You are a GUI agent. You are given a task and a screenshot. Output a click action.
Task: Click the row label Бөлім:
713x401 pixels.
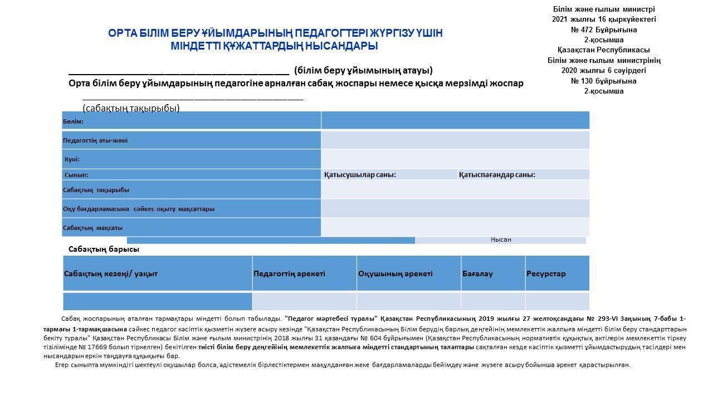pyautogui.click(x=73, y=121)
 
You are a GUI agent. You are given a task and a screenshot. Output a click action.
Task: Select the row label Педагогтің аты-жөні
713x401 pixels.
pyautogui.click(x=95, y=140)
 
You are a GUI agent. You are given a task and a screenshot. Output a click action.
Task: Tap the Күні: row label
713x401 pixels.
pyautogui.click(x=72, y=159)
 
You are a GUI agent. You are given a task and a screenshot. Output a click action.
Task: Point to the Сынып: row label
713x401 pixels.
pyautogui.click(x=76, y=175)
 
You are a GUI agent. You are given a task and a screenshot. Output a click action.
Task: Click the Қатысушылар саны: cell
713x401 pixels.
pyautogui.click(x=360, y=175)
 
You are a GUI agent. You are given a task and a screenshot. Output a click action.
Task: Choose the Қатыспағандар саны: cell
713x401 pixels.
pyautogui.click(x=497, y=175)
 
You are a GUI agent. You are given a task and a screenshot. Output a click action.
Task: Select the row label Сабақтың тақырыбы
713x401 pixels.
pyautogui.click(x=96, y=190)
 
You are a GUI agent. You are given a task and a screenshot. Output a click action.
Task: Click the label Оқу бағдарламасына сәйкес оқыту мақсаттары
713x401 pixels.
pyautogui.click(x=139, y=209)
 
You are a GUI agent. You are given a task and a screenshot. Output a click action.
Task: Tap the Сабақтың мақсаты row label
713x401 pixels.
pyautogui.click(x=93, y=228)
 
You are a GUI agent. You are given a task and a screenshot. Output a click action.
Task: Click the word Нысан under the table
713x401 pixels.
pyautogui.click(x=501, y=239)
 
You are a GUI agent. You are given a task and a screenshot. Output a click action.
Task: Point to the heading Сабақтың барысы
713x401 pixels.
pyautogui.click(x=104, y=250)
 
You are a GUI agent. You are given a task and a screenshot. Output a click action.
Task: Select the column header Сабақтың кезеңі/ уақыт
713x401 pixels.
pyautogui.click(x=111, y=274)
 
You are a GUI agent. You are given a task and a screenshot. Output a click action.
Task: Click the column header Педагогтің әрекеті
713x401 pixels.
pyautogui.click(x=289, y=274)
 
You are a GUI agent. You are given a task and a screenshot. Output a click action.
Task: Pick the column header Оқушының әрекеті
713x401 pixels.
pyautogui.click(x=395, y=274)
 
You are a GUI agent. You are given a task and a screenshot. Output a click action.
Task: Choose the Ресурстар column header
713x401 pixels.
pyautogui.click(x=545, y=274)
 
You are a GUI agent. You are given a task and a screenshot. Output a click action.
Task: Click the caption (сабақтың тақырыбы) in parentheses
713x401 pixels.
pyautogui.click(x=131, y=108)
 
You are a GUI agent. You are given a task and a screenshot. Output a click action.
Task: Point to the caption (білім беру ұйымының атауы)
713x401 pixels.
pyautogui.click(x=363, y=71)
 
